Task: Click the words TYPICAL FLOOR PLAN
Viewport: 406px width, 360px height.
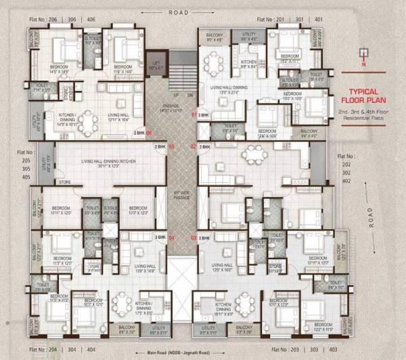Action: [367, 95]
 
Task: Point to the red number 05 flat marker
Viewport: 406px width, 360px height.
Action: [172, 146]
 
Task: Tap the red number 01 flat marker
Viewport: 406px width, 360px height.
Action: [194, 116]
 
